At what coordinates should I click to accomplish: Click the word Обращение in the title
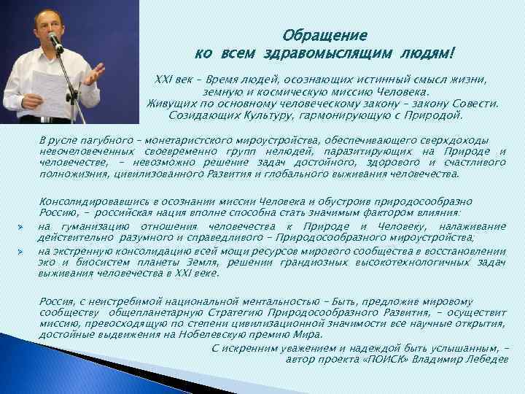[324, 35]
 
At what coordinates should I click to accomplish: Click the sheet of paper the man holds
[45, 89]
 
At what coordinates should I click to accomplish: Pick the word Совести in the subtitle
[476, 104]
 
